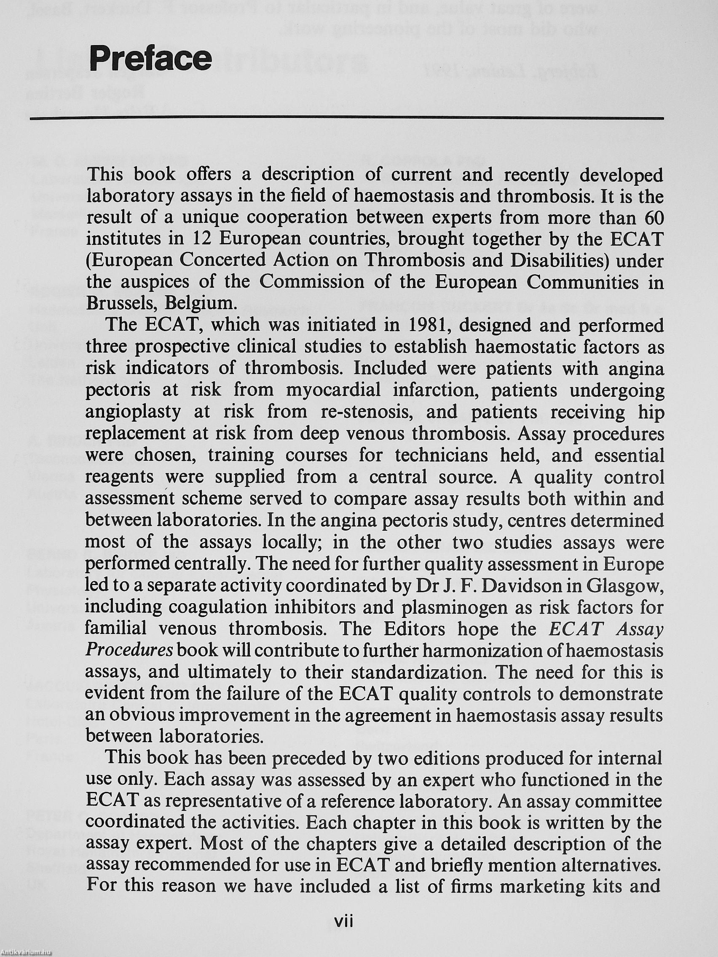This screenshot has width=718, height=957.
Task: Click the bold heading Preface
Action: pos(150,59)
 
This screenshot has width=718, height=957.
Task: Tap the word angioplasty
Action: pos(133,412)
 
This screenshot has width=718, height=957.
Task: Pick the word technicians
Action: pos(440,455)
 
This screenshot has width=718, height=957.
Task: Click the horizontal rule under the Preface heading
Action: pos(346,118)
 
